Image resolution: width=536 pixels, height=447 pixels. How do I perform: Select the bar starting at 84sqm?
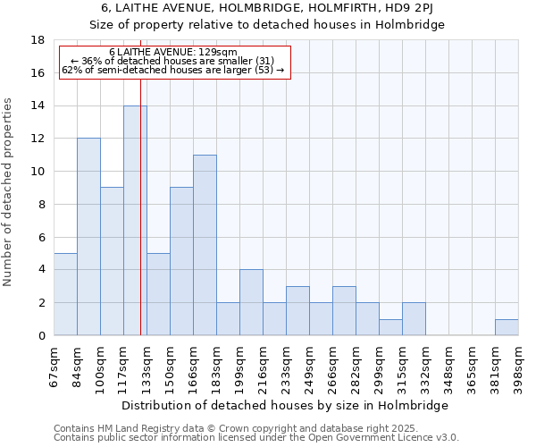click(x=88, y=237)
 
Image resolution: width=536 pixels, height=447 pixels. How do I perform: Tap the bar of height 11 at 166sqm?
click(x=205, y=245)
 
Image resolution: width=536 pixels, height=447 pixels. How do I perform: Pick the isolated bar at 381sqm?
click(x=507, y=327)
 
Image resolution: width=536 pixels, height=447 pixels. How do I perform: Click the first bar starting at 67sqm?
click(x=65, y=294)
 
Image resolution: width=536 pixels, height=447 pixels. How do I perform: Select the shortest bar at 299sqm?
click(x=390, y=327)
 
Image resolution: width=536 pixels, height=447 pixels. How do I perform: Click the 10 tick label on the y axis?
click(x=38, y=172)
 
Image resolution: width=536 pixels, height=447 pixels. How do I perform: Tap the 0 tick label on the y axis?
click(x=42, y=336)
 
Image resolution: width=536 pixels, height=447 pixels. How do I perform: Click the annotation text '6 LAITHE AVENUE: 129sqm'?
click(x=173, y=53)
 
